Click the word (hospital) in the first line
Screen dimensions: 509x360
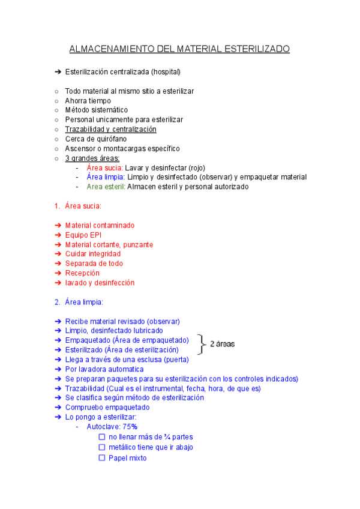(164, 72)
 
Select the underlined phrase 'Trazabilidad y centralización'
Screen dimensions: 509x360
(110, 129)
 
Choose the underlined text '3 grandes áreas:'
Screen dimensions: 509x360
(92, 158)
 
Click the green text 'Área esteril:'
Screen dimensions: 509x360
(106, 187)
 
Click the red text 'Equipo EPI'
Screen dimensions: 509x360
(83, 235)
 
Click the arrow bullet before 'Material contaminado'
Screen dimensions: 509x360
(58, 225)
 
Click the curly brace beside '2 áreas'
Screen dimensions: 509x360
(200, 345)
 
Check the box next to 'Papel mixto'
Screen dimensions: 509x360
(102, 458)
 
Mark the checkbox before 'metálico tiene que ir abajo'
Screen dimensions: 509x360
(102, 447)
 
